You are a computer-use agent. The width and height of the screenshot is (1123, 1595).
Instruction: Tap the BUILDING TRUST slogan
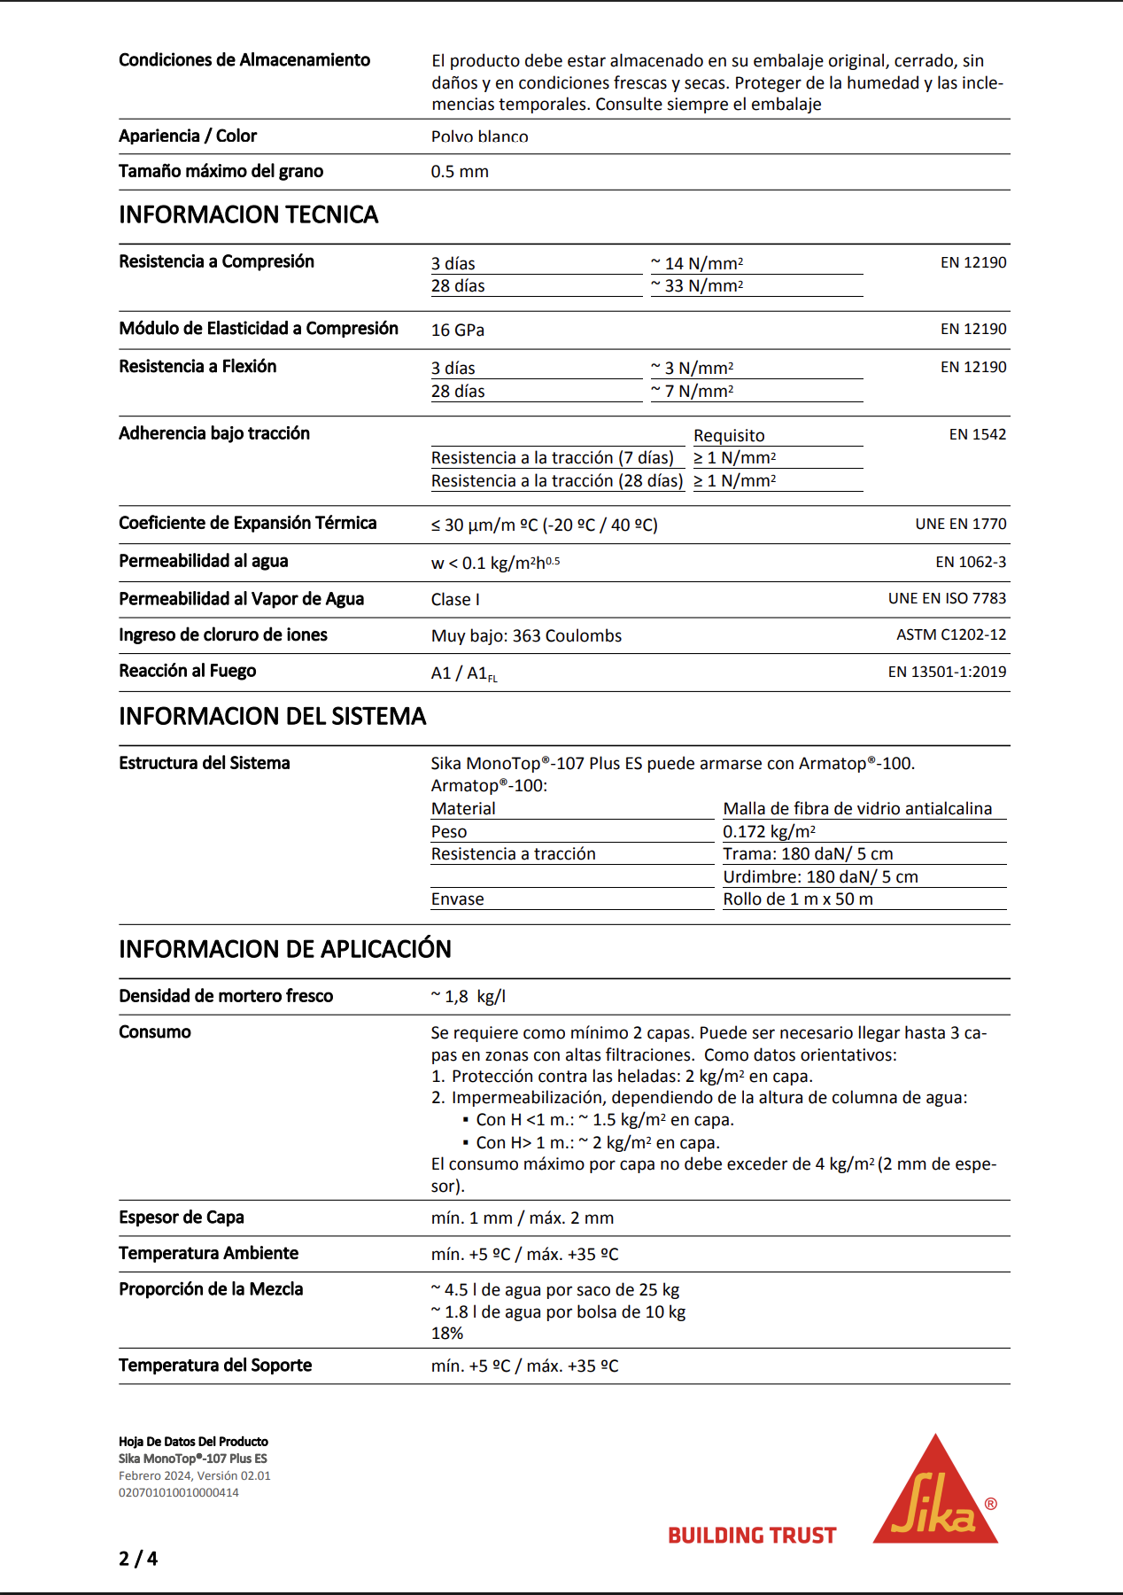[752, 1536]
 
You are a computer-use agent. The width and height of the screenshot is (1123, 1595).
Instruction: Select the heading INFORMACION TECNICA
[249, 214]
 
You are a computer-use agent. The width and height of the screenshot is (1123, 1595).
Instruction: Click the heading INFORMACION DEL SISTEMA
[273, 716]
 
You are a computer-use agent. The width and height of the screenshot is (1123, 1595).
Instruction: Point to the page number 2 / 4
[138, 1559]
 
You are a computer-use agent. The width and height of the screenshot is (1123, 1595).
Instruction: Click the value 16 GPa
[458, 331]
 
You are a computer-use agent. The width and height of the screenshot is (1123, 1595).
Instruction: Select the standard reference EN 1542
[978, 434]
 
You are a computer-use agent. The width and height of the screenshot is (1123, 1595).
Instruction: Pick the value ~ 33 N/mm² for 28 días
[697, 286]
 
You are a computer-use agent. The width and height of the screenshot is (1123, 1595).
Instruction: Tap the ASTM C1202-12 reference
[951, 634]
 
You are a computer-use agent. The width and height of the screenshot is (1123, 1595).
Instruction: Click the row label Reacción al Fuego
[188, 671]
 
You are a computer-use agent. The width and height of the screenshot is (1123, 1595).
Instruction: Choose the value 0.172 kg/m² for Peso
[769, 832]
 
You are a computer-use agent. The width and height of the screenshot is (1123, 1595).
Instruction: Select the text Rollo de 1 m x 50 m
[798, 899]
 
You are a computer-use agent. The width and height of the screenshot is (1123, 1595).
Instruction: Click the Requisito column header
[729, 436]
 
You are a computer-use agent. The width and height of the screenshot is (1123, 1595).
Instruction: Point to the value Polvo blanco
[480, 136]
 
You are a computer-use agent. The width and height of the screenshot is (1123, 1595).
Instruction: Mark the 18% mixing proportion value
[447, 1334]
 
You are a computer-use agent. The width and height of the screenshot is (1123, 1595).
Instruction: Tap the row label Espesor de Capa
[182, 1218]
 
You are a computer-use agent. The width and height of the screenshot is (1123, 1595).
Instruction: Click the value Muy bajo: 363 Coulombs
[526, 636]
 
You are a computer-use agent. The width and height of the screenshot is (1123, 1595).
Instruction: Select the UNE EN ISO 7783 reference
[947, 598]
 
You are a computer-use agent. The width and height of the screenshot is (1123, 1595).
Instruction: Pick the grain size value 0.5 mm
[460, 172]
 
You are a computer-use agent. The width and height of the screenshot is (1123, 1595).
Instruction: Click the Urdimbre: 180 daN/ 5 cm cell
[820, 877]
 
